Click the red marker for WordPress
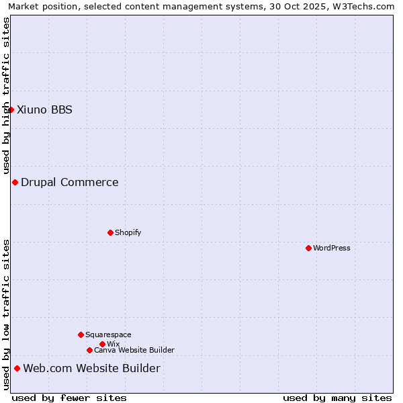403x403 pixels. (308, 248)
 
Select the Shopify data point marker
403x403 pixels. (110, 232)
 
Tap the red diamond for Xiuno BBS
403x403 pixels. (11, 109)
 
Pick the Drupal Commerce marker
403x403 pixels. (15, 182)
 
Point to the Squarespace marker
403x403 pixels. (81, 334)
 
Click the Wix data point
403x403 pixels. (102, 344)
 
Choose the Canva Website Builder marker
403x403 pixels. (89, 350)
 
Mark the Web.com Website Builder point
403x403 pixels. (17, 368)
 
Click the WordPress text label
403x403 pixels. (332, 248)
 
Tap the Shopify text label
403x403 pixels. (128, 232)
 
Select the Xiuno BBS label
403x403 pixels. (44, 109)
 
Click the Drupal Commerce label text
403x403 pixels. (70, 182)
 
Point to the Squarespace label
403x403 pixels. (108, 334)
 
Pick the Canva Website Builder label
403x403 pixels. (134, 350)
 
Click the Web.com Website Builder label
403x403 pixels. (92, 368)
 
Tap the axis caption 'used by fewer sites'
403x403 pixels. (69, 398)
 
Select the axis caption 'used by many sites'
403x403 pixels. (337, 398)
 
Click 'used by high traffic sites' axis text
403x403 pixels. (6, 95)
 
